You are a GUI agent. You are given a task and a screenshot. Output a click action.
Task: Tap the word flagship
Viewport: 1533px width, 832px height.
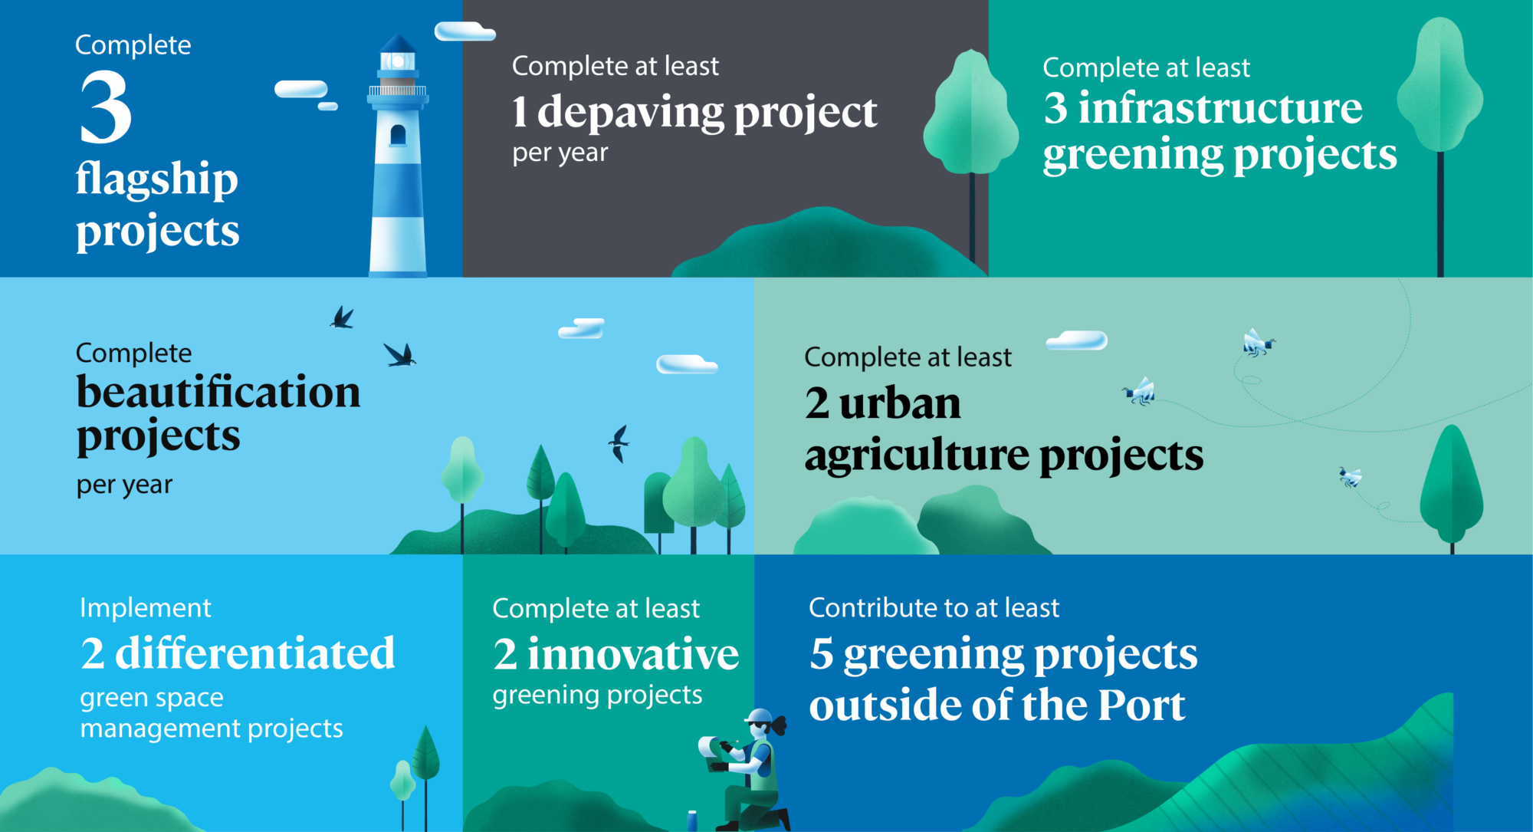click(157, 179)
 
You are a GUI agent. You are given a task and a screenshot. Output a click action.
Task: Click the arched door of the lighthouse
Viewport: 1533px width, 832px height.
click(398, 135)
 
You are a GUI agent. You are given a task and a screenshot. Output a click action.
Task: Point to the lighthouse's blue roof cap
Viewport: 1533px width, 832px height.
click(398, 43)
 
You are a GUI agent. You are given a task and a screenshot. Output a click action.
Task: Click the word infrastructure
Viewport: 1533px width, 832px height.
click(1220, 107)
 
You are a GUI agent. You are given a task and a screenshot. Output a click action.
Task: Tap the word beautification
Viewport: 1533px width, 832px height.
click(218, 392)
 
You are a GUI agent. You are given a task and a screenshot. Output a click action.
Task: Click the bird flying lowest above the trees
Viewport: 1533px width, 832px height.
click(619, 443)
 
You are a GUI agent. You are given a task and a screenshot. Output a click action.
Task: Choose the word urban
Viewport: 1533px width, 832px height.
click(900, 403)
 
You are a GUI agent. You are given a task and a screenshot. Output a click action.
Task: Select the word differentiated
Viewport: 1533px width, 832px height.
click(254, 653)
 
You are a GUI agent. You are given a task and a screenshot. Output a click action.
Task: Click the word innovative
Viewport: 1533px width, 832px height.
click(633, 654)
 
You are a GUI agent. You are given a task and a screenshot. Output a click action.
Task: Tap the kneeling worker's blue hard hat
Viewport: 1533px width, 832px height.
click(760, 716)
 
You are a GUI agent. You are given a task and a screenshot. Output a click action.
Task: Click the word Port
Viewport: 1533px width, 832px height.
click(1141, 705)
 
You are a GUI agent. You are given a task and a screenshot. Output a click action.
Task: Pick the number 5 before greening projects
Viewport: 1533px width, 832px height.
click(822, 654)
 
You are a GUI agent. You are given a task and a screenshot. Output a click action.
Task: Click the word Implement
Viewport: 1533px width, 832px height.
click(146, 608)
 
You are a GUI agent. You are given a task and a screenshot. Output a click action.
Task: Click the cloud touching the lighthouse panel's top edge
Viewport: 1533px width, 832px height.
click(464, 31)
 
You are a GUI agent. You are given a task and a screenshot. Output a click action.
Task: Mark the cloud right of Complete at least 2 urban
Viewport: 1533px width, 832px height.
click(1077, 340)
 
